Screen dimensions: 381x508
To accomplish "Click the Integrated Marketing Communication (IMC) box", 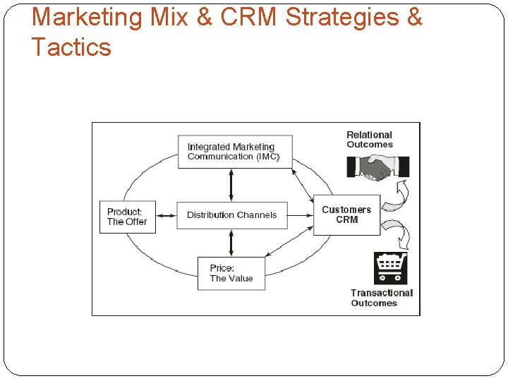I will [235, 152].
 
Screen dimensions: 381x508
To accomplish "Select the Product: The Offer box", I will [127, 217].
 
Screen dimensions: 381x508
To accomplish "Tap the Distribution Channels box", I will [231, 215].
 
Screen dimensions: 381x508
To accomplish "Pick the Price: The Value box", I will [231, 273].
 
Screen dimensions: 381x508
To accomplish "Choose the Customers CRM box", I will [346, 214].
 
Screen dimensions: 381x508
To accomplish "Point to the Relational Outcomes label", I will [369, 139].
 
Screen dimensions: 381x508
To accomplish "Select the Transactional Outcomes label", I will [381, 298].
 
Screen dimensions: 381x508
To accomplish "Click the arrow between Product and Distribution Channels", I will [166, 215].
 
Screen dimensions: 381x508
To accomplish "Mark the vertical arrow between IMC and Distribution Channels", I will [231, 185].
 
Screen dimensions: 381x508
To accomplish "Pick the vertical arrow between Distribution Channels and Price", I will [231, 243].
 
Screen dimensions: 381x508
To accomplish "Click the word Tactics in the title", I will [71, 47].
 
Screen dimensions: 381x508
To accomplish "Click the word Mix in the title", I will [168, 17].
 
